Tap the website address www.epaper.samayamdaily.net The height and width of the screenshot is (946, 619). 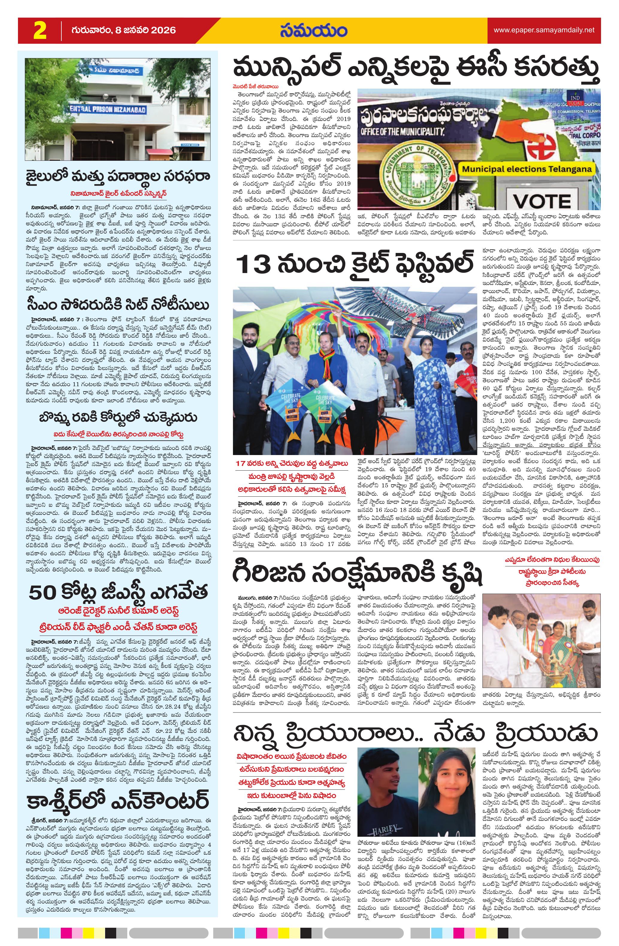pos(544,30)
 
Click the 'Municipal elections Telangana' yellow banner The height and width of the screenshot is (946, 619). pos(526,169)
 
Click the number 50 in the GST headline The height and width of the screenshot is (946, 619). pos(43,592)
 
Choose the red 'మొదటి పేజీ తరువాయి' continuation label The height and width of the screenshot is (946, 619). pos(256,86)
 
